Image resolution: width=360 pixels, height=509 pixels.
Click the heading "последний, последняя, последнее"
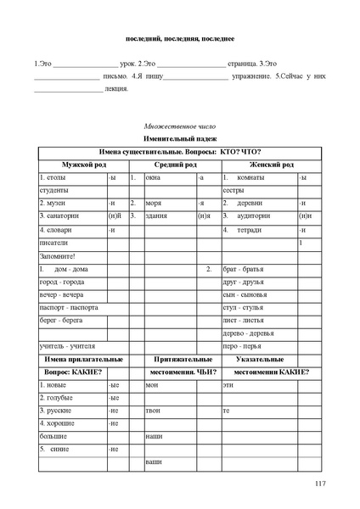179,40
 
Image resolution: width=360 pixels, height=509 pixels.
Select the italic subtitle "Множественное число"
179,124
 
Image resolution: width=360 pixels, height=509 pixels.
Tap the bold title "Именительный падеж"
179,137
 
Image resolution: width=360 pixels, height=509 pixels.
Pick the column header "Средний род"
174,164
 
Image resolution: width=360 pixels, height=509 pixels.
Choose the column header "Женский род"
270,164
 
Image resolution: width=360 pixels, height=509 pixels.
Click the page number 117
320,484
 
